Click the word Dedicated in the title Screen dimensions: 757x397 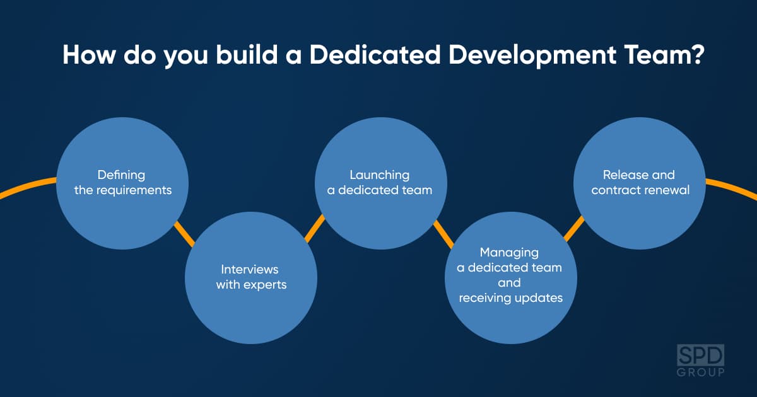tap(375, 55)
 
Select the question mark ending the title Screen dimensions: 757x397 tap(697, 54)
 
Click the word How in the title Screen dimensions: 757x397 tap(89, 55)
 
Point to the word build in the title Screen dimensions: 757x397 tap(247, 55)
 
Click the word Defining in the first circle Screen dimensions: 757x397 tap(121, 176)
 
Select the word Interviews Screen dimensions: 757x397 tap(250, 270)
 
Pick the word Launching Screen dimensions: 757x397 tap(380, 176)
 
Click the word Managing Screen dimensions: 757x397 tap(509, 253)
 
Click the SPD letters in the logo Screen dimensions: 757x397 tap(701, 355)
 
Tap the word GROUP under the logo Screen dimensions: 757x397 tap(701, 372)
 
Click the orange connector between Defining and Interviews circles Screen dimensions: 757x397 tap(184, 234)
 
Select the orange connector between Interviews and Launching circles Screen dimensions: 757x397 tap(315, 229)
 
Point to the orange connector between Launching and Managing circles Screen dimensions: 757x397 tap(443, 234)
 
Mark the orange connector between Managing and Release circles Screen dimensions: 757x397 tap(574, 229)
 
